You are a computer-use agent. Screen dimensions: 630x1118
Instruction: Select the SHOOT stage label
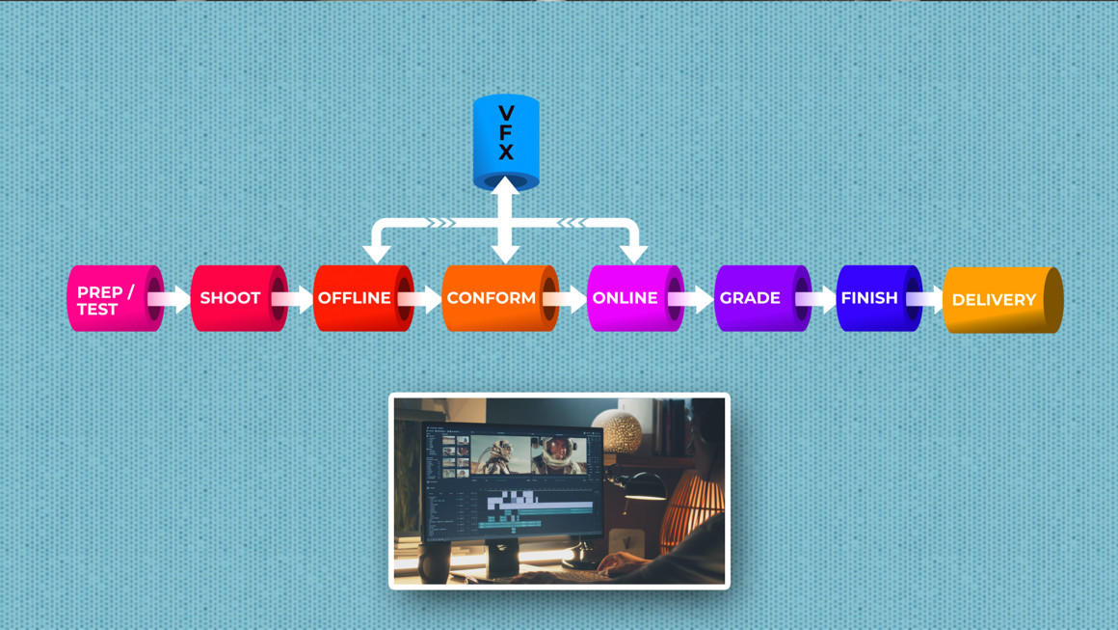click(x=231, y=298)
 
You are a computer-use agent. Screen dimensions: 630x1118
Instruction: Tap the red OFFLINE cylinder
click(x=356, y=298)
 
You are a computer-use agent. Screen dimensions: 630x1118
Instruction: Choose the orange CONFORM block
click(x=492, y=298)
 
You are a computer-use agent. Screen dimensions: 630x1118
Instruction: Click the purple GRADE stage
click(x=752, y=298)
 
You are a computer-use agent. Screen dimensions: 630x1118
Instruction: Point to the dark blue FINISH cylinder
click(x=870, y=298)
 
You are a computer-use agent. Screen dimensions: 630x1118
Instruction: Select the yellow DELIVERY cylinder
click(x=995, y=300)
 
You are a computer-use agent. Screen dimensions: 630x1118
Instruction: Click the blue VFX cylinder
click(x=506, y=140)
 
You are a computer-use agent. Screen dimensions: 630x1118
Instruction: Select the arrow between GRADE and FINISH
click(x=818, y=299)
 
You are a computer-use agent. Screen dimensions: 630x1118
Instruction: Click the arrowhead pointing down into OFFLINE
click(x=376, y=254)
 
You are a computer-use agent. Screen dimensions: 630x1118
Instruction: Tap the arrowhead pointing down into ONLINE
click(x=633, y=254)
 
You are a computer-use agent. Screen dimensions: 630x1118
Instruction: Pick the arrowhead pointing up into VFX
click(x=506, y=185)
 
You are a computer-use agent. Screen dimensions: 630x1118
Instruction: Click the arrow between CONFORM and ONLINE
click(x=568, y=299)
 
